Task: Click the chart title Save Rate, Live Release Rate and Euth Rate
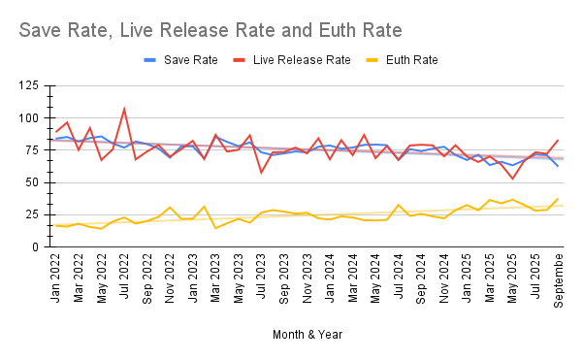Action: point(210,30)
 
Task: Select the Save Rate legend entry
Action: point(180,60)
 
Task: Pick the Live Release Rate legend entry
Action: point(292,60)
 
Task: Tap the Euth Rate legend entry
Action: point(402,60)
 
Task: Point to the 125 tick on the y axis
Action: point(28,85)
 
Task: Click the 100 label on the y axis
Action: point(28,118)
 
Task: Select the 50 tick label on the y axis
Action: point(32,182)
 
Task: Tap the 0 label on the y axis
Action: point(35,246)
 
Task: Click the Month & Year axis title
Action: point(307,335)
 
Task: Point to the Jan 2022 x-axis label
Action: point(55,278)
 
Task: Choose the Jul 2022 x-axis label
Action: point(123,277)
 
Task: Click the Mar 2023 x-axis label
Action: point(215,278)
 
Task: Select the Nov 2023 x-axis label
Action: point(307,278)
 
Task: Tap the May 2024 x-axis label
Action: point(374,278)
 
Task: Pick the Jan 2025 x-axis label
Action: point(467,278)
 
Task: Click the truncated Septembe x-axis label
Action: point(558,281)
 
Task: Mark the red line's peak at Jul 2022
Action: point(124,109)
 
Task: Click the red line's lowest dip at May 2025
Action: point(512,179)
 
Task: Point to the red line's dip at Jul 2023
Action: point(261,173)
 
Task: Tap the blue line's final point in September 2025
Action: point(558,166)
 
